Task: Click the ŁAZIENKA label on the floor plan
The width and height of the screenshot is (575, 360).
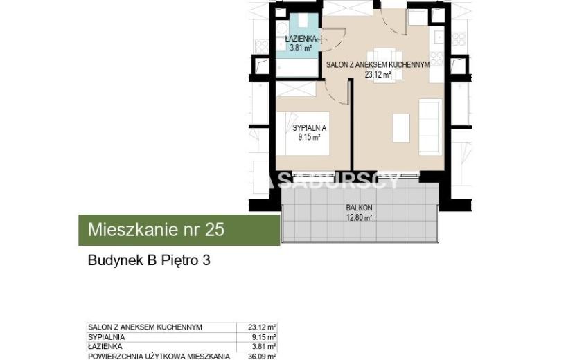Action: tap(301, 39)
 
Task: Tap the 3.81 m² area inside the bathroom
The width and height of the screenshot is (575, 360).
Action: tap(301, 48)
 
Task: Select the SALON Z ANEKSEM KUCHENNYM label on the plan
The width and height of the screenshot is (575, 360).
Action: tap(378, 65)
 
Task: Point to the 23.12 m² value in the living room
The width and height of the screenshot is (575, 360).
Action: tap(378, 75)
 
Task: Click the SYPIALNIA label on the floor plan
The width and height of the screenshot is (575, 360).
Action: tap(309, 128)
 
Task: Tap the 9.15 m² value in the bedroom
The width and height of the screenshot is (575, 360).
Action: tap(309, 138)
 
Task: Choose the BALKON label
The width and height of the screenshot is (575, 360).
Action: tap(359, 208)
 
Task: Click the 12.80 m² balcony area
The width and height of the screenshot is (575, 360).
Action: tap(360, 218)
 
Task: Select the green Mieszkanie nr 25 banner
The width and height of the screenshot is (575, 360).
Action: tap(179, 230)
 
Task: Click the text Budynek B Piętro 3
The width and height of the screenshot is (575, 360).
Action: tap(149, 260)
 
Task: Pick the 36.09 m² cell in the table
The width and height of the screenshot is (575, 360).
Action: tap(262, 356)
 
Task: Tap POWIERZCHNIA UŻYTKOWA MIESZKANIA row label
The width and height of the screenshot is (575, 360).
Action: tap(159, 356)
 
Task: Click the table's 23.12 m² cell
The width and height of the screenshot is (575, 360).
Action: tap(262, 327)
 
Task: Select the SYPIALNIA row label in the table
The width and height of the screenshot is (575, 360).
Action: tap(107, 337)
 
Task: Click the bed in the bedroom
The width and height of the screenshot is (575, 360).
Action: tap(303, 134)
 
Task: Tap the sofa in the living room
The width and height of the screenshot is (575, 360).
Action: tap(430, 127)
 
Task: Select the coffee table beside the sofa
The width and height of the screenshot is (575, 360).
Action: tap(401, 128)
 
